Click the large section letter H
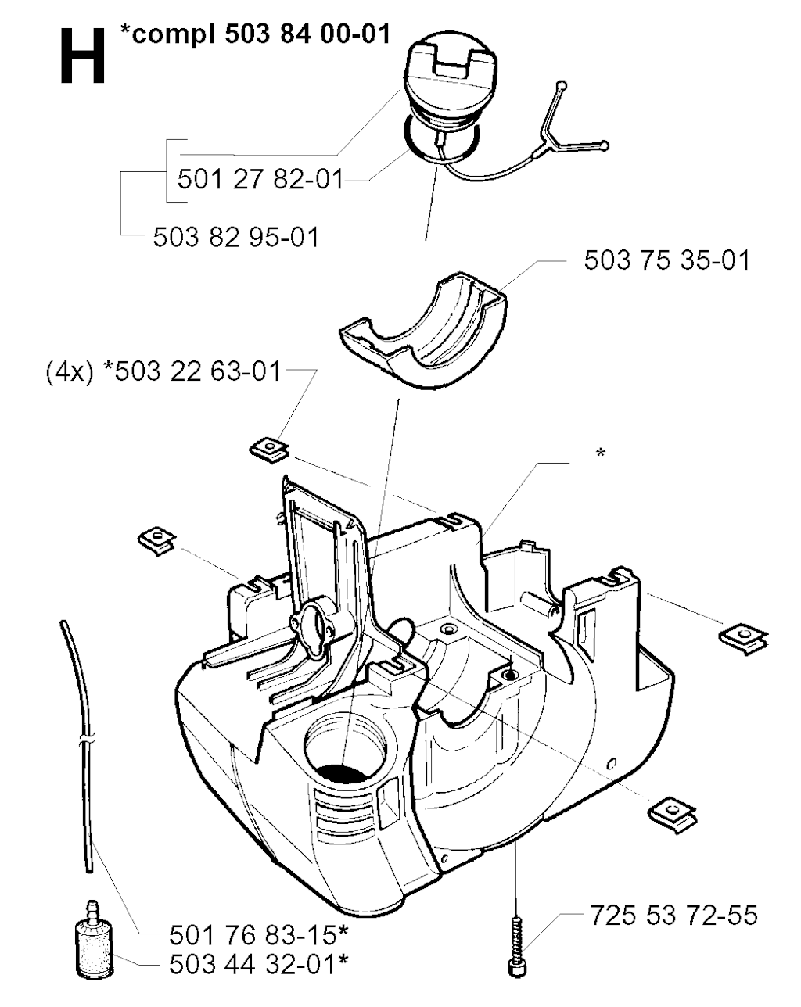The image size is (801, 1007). pyautogui.click(x=83, y=56)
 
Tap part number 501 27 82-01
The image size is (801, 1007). pyautogui.click(x=260, y=179)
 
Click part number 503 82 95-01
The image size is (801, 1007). pyautogui.click(x=236, y=237)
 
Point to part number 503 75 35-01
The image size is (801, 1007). pyautogui.click(x=667, y=260)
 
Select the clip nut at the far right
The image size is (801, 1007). pyautogui.click(x=743, y=638)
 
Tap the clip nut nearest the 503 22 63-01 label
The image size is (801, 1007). pyautogui.click(x=269, y=448)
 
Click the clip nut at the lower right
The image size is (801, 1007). pyautogui.click(x=672, y=815)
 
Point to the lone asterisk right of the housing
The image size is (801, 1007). pyautogui.click(x=600, y=454)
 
